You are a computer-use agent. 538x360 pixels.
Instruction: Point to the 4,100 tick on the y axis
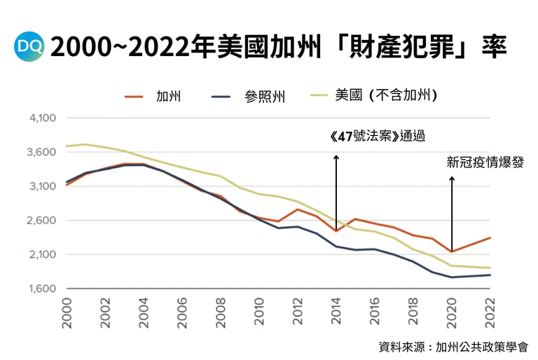pyautogui.click(x=42, y=118)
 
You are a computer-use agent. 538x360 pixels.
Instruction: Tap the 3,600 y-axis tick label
pyautogui.click(x=42, y=152)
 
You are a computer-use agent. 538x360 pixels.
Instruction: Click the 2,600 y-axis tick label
pyautogui.click(x=42, y=221)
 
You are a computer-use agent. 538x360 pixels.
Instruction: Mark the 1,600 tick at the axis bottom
pyautogui.click(x=42, y=289)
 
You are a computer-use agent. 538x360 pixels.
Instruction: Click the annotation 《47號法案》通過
pyautogui.click(x=377, y=136)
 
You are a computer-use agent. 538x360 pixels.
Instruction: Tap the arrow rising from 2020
pyautogui.click(x=452, y=214)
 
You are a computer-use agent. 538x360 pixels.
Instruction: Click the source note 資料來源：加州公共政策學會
pyautogui.click(x=453, y=346)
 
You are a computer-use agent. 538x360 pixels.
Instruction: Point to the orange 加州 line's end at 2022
pyautogui.click(x=490, y=238)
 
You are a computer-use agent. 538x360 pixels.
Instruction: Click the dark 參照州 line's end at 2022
pyautogui.click(x=490, y=275)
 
